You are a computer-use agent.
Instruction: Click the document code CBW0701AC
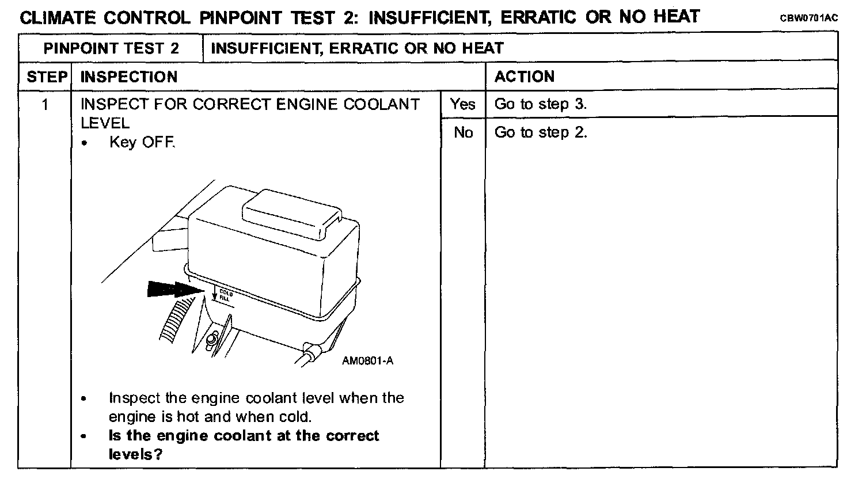coord(809,18)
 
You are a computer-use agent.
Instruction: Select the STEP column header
coord(47,77)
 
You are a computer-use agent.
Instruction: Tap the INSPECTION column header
coord(129,77)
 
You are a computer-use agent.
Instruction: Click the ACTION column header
coord(524,77)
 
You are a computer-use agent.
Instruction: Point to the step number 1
coord(45,105)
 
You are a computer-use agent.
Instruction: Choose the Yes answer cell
coord(463,104)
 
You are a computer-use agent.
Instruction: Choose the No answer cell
coord(463,132)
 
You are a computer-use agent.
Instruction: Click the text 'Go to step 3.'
coord(541,104)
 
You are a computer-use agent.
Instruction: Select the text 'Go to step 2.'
coord(541,132)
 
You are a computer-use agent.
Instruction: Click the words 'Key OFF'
coord(142,142)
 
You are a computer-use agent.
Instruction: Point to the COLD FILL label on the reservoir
coord(226,295)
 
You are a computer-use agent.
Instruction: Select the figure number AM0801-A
coord(367,361)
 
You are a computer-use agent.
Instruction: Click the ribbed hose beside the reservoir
coord(176,320)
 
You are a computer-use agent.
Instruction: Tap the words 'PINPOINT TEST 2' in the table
coord(111,48)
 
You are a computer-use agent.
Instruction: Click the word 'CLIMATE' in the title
coord(58,18)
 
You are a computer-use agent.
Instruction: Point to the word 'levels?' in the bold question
coord(135,454)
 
